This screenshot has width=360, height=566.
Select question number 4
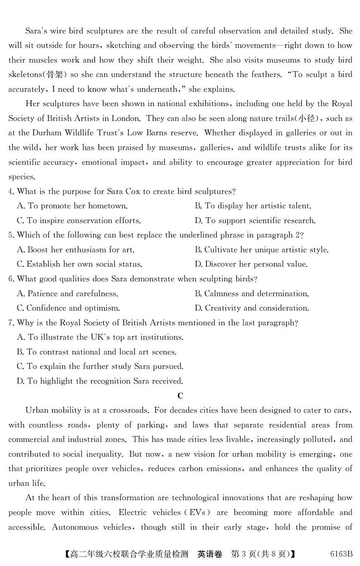[x=11, y=192]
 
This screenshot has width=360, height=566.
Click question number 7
[x=11, y=323]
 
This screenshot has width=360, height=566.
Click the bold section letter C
[x=180, y=396]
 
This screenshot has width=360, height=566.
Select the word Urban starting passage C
[x=36, y=410]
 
